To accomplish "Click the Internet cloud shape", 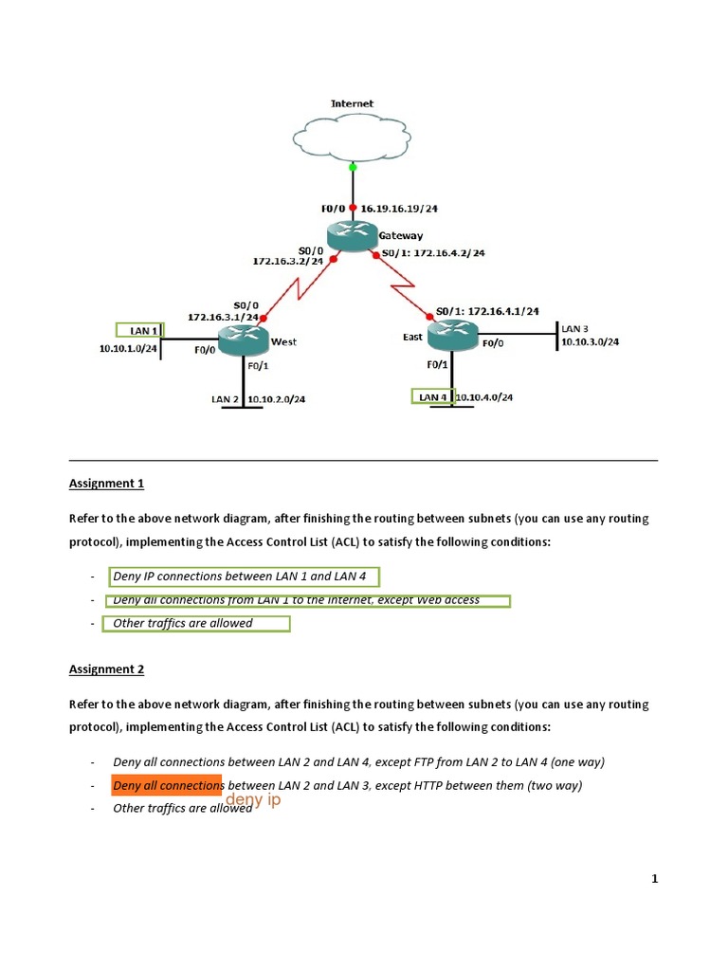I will (x=352, y=137).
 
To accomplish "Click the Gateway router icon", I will (x=352, y=236).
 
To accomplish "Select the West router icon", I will (x=244, y=339).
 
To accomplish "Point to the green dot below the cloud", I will (x=353, y=167).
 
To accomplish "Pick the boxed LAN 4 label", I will (x=432, y=396).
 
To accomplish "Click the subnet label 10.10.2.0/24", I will (x=277, y=399).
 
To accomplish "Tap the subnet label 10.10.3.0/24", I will (x=590, y=342).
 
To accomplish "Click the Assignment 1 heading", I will (x=106, y=484).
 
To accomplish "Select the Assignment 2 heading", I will (x=106, y=669).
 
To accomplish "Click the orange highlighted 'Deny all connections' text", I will (x=167, y=785).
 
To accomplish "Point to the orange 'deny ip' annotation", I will (x=253, y=801).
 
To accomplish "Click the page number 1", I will (x=654, y=879).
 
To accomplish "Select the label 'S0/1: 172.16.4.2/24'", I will (x=432, y=253).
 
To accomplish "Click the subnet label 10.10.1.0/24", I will (x=129, y=349).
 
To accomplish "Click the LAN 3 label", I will (x=574, y=328).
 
